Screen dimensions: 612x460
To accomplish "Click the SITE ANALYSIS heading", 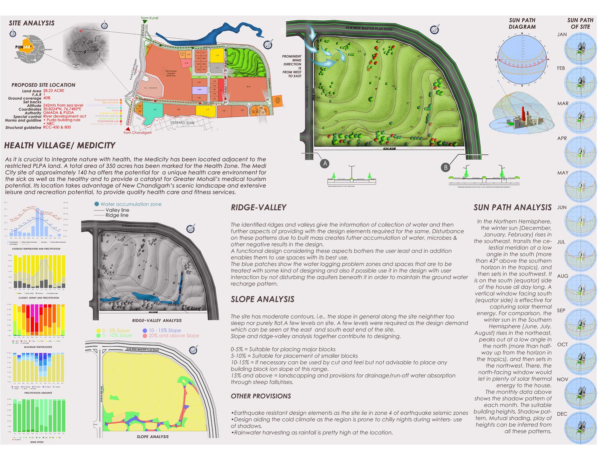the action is (x=32, y=23).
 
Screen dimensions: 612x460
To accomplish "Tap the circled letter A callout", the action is (x=325, y=163).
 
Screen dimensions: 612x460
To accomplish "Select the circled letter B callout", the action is (x=445, y=167).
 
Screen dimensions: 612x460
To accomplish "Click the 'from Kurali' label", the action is (x=149, y=18).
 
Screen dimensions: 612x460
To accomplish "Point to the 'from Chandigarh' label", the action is (x=138, y=133).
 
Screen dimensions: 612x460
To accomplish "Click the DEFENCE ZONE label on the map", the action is (x=183, y=123).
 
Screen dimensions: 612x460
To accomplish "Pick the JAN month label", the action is (x=562, y=34).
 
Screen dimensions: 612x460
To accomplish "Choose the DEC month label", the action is (x=562, y=414).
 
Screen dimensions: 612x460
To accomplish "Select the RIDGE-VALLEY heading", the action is (x=259, y=208).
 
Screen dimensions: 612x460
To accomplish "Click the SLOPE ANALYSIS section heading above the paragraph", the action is (x=263, y=299).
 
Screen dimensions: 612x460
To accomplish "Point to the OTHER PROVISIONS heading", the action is (x=261, y=396).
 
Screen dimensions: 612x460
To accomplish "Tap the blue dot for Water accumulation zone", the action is (x=97, y=204).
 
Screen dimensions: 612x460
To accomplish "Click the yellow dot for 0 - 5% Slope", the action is (x=98, y=330).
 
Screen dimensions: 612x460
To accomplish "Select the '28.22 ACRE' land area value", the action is (x=54, y=91).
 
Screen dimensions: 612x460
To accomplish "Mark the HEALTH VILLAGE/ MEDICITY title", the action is (x=60, y=145).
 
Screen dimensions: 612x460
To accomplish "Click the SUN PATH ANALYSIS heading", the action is (x=512, y=208).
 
